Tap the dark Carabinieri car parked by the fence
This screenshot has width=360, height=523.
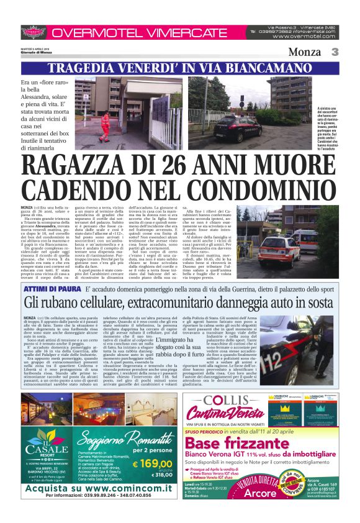236,129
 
